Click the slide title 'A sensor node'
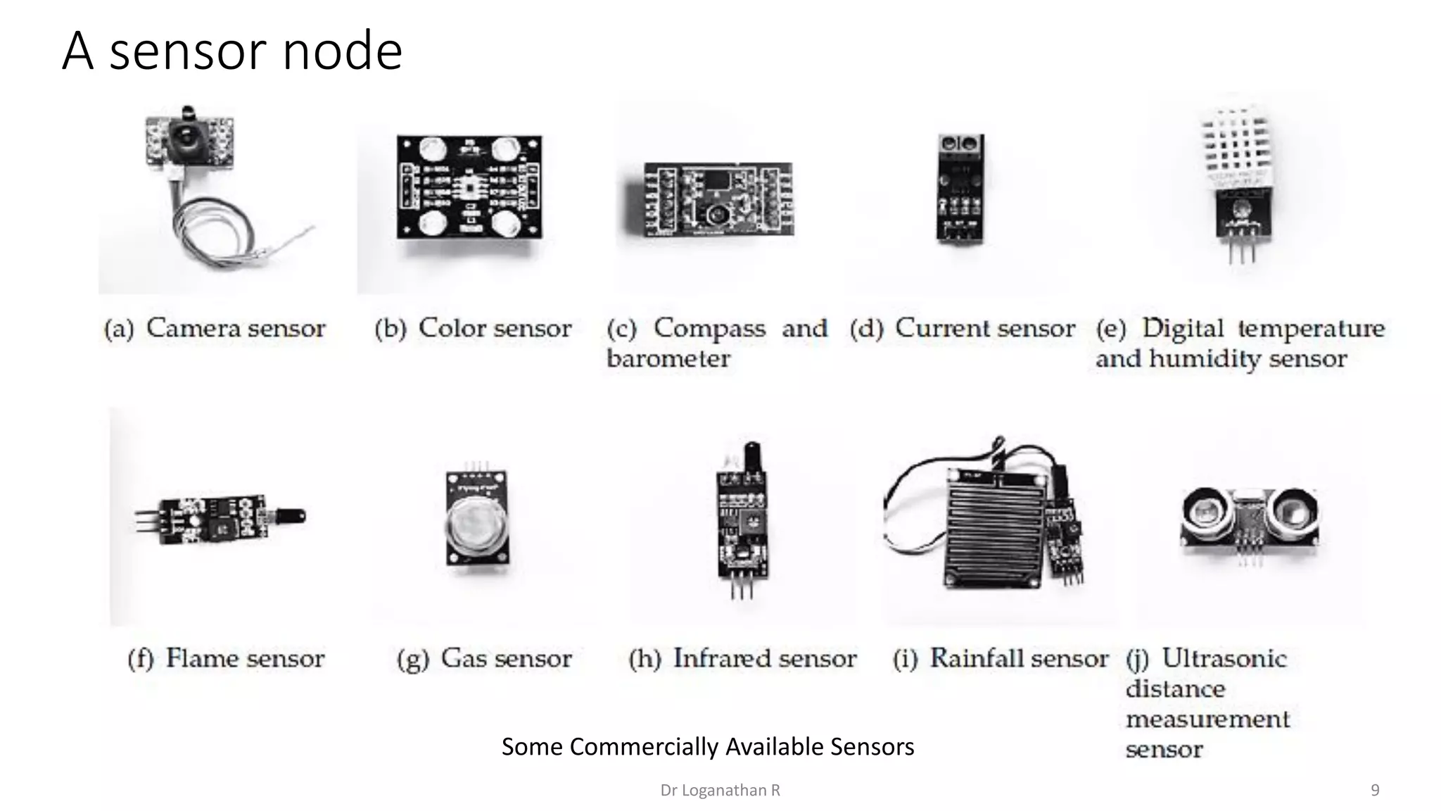click(232, 51)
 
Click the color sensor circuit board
click(469, 187)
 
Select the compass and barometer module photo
click(718, 199)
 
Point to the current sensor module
click(960, 188)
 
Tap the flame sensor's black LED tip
click(290, 517)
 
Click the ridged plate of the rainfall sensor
click(993, 524)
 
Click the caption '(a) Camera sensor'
click(215, 328)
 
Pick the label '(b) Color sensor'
click(473, 328)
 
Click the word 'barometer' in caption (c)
click(668, 359)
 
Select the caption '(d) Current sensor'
click(962, 328)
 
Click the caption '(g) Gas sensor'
click(484, 659)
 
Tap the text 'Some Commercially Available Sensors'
click(707, 746)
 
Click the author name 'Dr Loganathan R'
click(720, 791)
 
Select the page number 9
click(1375, 791)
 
